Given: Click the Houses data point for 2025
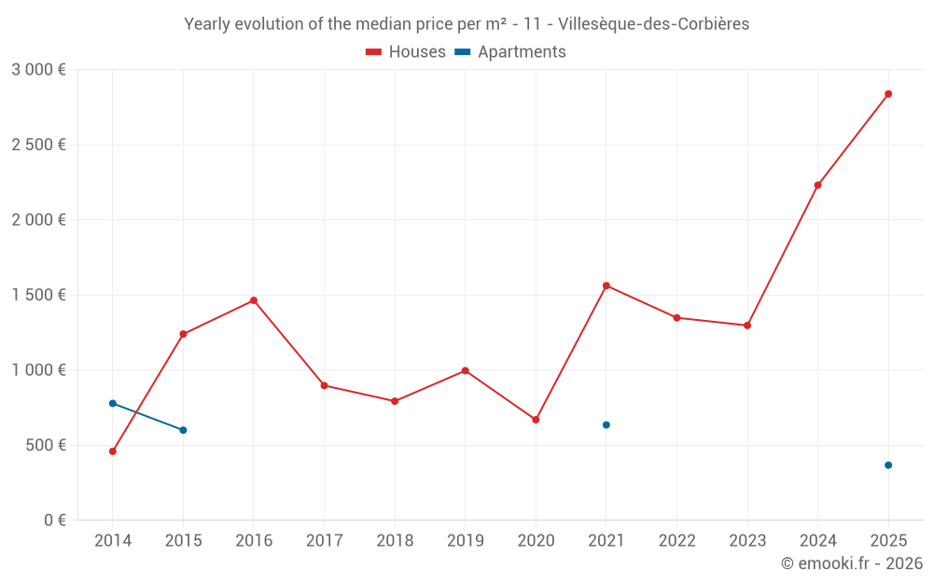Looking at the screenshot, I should pyautogui.click(x=888, y=94).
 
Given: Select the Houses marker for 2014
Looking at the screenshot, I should pyautogui.click(x=113, y=451).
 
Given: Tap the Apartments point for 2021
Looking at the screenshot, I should pyautogui.click(x=606, y=425).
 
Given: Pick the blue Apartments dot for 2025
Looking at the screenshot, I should pyautogui.click(x=888, y=465).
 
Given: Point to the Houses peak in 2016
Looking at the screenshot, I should pyautogui.click(x=254, y=300).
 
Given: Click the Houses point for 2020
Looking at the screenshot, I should pyautogui.click(x=536, y=420).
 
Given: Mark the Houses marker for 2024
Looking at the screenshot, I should pyautogui.click(x=817, y=185).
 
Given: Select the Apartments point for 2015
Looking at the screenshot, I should pyautogui.click(x=183, y=430).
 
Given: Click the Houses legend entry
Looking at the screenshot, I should pyautogui.click(x=406, y=52).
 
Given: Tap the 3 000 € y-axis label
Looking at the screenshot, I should pyautogui.click(x=38, y=70).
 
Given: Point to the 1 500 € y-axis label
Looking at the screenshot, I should pyautogui.click(x=38, y=295).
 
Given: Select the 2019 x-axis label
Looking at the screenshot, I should pyautogui.click(x=465, y=541).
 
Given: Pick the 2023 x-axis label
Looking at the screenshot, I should pyautogui.click(x=746, y=541).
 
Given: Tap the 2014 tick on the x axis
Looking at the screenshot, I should pyautogui.click(x=113, y=541).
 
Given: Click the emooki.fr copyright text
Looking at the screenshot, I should pyautogui.click(x=851, y=563).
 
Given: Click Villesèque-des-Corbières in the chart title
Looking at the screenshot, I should pyautogui.click(x=653, y=24).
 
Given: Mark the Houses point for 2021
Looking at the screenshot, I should pyautogui.click(x=606, y=285).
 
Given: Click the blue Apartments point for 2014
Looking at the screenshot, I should pyautogui.click(x=113, y=404).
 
